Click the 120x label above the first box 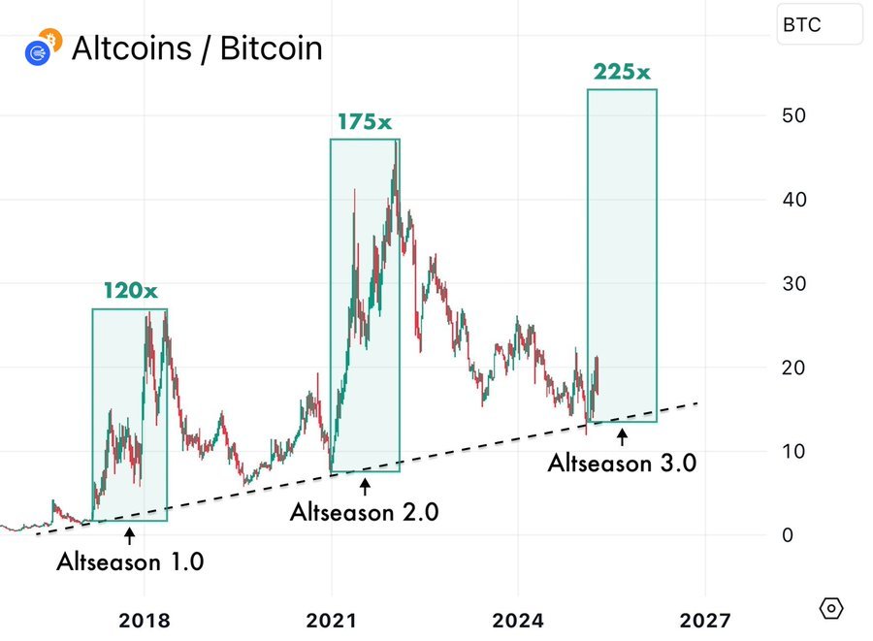click(x=129, y=291)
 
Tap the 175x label click(x=365, y=123)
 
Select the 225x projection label click(x=622, y=72)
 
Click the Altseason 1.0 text click(x=130, y=561)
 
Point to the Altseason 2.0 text click(x=364, y=512)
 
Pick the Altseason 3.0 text click(x=622, y=463)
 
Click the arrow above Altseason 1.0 click(x=129, y=533)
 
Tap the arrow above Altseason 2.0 click(x=364, y=484)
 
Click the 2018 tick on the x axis click(x=145, y=620)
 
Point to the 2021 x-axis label click(x=332, y=620)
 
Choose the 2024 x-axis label click(x=517, y=620)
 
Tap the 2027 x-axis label click(x=703, y=620)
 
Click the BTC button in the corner click(x=820, y=25)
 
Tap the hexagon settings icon click(x=831, y=608)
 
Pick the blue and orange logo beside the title click(x=42, y=47)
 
